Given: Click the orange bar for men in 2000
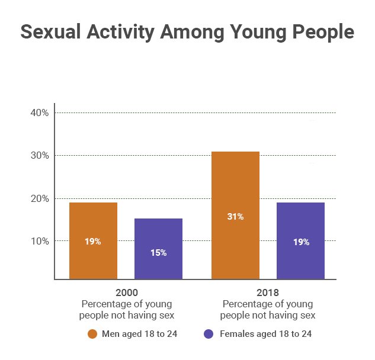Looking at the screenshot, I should pos(93,240).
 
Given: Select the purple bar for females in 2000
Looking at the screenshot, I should pos(158,249).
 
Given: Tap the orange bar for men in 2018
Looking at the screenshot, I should pos(235,215).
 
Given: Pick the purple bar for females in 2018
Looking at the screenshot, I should pos(300,240).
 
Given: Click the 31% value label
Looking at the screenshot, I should pos(235,217).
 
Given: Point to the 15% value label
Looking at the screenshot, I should pos(158,253).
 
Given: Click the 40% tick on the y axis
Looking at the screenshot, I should pos(39,112).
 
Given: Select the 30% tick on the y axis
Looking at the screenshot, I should pos(39,156).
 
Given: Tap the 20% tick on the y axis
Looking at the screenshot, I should pos(39,198).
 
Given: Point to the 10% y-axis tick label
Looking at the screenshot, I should pos(39,241).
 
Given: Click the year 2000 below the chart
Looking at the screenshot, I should pos(128,292).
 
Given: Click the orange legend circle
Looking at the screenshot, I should pos(92,334).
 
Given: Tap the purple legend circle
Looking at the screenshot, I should pos(209,334).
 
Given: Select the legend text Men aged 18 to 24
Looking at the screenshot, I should pos(140,334).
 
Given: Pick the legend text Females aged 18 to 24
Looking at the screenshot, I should pos(265,334).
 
